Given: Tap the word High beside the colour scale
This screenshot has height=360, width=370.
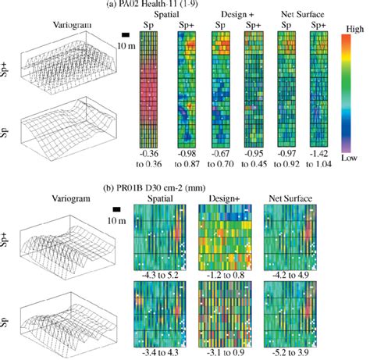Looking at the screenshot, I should [348, 27].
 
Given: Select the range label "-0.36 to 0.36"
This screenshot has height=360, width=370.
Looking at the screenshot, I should [148, 159].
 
